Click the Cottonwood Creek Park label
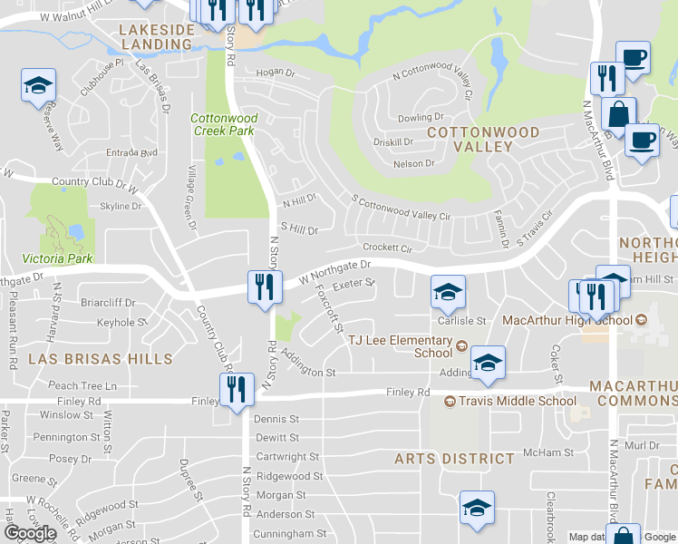point(225,124)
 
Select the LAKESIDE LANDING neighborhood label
point(157,36)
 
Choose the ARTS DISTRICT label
point(455,459)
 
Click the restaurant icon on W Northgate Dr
point(260,287)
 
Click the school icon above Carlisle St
point(448,291)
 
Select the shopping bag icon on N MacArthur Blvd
point(618,115)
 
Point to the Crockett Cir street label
point(387,247)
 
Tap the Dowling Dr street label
point(420,118)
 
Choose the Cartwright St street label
point(286,457)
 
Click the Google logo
point(31,533)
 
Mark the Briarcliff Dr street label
point(108,303)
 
